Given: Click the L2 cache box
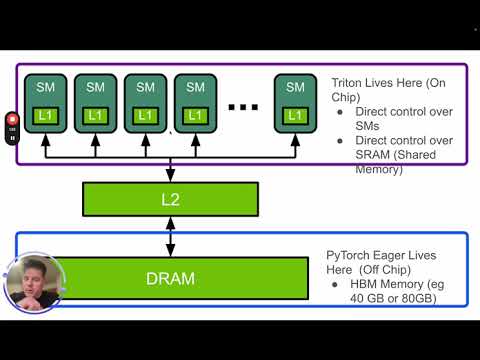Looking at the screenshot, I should pos(170,200).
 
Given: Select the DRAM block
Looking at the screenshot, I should pos(170,277).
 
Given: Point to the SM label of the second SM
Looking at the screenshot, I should pos(95,88).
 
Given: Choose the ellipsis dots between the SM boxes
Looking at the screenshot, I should pos(243,106).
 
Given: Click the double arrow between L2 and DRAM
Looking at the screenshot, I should pos(170,237).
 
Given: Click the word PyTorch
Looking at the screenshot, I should pos(349,256).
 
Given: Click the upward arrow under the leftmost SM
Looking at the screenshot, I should pos(45,146).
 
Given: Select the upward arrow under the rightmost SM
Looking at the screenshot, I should pos(295,146).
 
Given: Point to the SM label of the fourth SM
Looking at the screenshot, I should pos(195,88).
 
